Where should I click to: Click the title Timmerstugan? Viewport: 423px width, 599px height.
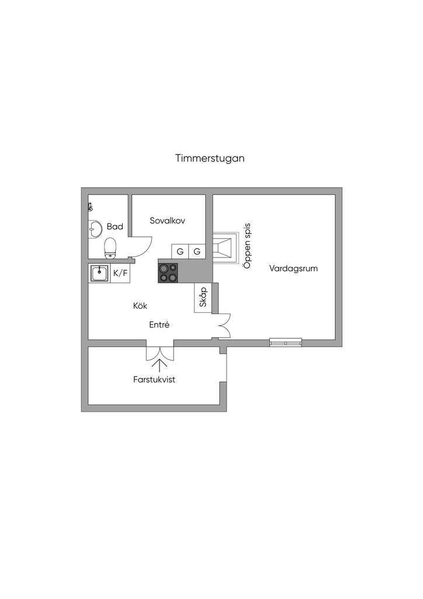coord(209,158)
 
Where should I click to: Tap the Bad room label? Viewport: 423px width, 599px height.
coord(115,226)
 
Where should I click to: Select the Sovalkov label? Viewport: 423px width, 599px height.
coord(168,221)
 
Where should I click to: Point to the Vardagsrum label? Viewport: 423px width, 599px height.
coord(293,268)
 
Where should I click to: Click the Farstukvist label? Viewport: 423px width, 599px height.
coord(154,379)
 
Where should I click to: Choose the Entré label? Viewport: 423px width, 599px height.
coord(160,325)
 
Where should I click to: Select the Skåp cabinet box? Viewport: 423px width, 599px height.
coord(203,298)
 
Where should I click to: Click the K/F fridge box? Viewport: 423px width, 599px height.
coord(120,273)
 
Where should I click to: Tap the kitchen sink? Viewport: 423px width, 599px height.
coord(99,273)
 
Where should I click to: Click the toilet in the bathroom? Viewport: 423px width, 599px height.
coord(110,248)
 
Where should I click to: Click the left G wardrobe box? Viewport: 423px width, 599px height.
coord(180,252)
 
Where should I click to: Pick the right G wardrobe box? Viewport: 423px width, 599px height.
coord(197,252)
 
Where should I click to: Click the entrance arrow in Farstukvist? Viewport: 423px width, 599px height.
coord(160,364)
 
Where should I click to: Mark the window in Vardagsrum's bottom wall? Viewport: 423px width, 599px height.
coord(286,342)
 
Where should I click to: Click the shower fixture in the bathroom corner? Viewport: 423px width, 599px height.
coord(90,206)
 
